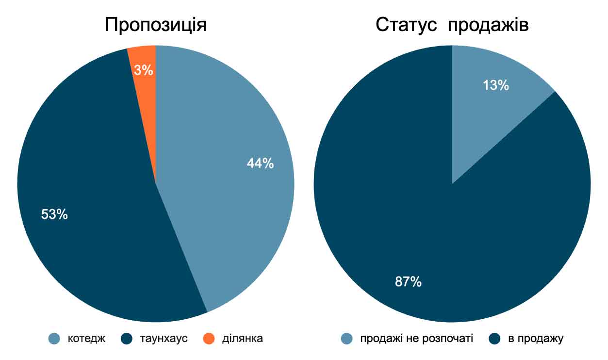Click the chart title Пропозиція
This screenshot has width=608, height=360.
[x=155, y=24]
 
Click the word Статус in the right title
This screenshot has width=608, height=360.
[x=407, y=25]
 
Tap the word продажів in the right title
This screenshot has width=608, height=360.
[x=488, y=25]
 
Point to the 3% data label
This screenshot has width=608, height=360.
[x=144, y=71]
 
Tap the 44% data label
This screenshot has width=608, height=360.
[x=260, y=164]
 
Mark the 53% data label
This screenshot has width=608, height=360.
[x=54, y=214]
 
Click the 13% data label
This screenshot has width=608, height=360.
[x=495, y=85]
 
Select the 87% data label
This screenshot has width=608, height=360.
[x=408, y=281]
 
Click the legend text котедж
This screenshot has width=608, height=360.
[x=86, y=338]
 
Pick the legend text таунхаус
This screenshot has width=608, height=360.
[x=164, y=338]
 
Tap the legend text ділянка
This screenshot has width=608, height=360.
[x=242, y=338]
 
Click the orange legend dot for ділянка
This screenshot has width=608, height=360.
[x=209, y=338]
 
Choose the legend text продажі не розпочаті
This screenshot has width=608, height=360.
[x=416, y=338]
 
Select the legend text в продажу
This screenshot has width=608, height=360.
[x=536, y=338]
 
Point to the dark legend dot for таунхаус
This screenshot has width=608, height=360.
[x=127, y=338]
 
